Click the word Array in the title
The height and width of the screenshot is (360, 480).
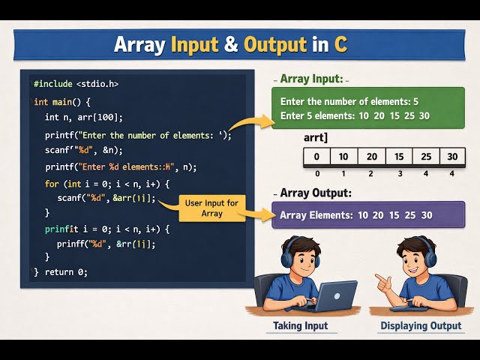[140, 44]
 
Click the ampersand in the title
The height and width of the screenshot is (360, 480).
[230, 44]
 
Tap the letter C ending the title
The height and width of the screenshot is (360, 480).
[340, 44]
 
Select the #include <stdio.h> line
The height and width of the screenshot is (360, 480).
[76, 84]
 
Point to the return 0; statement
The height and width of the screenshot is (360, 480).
[67, 271]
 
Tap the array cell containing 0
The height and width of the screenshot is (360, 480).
[316, 157]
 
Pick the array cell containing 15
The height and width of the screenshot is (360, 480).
[398, 157]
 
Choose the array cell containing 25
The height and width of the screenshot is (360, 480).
[425, 157]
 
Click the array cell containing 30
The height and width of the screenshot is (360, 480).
[452, 157]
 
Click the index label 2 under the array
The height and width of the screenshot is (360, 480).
[370, 173]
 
